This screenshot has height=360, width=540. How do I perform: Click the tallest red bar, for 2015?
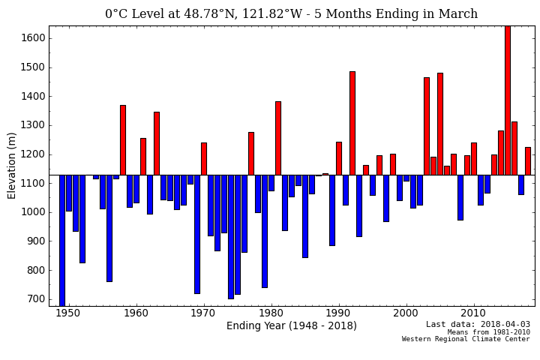click(508, 100)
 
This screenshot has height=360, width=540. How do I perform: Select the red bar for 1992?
click(352, 123)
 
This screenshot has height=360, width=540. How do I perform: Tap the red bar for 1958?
click(123, 139)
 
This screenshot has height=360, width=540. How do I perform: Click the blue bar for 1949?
click(62, 240)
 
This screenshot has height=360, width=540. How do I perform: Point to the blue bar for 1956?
click(109, 228)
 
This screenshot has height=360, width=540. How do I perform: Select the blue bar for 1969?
click(197, 234)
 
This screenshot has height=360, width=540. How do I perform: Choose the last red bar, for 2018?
click(528, 160)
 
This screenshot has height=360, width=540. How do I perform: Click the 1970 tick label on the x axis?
click(203, 313)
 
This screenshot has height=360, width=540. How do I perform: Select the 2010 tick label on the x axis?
click(473, 313)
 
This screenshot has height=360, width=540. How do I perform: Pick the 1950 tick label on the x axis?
click(68, 313)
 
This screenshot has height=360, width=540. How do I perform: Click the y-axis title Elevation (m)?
click(12, 166)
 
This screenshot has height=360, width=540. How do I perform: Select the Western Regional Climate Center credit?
click(466, 339)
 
